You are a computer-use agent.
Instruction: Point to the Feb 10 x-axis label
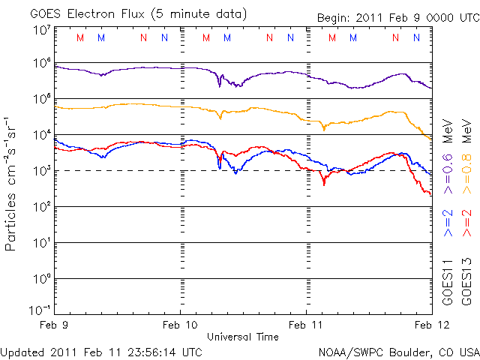point(180,326)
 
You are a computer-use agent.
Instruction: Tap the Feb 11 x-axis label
point(306,326)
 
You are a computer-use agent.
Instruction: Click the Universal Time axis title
point(243,337)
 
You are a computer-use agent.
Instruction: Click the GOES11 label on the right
point(448,282)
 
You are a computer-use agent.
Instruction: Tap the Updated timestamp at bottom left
point(101,351)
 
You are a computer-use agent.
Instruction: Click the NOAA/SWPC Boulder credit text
point(398,351)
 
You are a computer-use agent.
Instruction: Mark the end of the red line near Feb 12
point(430,195)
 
